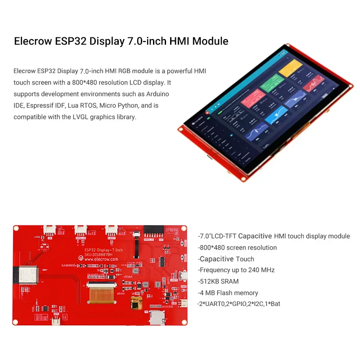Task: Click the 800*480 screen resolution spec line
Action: click(x=238, y=247)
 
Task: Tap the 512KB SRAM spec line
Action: click(x=218, y=281)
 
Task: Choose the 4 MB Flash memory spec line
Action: click(x=228, y=292)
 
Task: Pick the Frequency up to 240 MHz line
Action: click(x=236, y=270)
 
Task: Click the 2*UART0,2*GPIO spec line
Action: click(x=239, y=304)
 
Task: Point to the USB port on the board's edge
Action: click(x=183, y=275)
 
